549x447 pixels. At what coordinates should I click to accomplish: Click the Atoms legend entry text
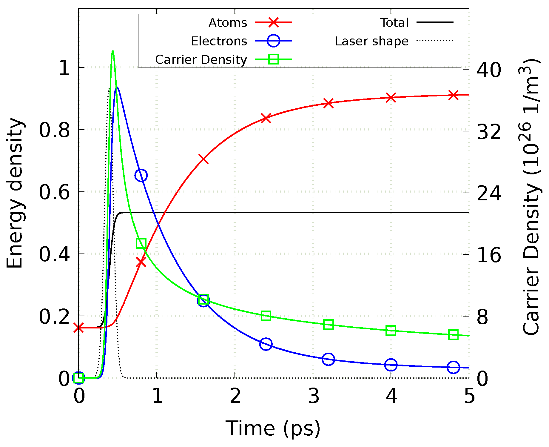point(228,23)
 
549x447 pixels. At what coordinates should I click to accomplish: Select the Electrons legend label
point(219,41)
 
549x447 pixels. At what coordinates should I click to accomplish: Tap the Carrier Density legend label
point(201,60)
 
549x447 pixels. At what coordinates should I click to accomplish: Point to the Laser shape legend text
point(371,41)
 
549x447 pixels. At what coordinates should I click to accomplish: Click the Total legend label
point(394,23)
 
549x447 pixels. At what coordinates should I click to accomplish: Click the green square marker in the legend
point(273,59)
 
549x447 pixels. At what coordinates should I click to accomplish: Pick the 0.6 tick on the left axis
point(54,192)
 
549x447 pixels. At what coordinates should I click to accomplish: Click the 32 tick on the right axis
point(489,131)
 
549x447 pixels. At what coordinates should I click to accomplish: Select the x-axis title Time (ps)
point(273,428)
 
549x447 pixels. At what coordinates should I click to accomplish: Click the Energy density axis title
point(15,193)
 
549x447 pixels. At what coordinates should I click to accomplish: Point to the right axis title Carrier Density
point(531,197)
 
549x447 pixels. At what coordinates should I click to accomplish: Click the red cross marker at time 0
point(78,328)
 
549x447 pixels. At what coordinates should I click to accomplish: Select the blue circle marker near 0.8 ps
point(141,175)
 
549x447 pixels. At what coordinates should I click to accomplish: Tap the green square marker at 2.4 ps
point(266,316)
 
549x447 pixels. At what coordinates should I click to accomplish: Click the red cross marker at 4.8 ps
point(453,95)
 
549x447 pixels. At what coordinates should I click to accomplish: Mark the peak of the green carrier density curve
point(113,51)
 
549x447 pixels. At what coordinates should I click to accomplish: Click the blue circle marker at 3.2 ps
point(328,359)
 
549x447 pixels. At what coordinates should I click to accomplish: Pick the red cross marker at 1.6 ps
point(203,159)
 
